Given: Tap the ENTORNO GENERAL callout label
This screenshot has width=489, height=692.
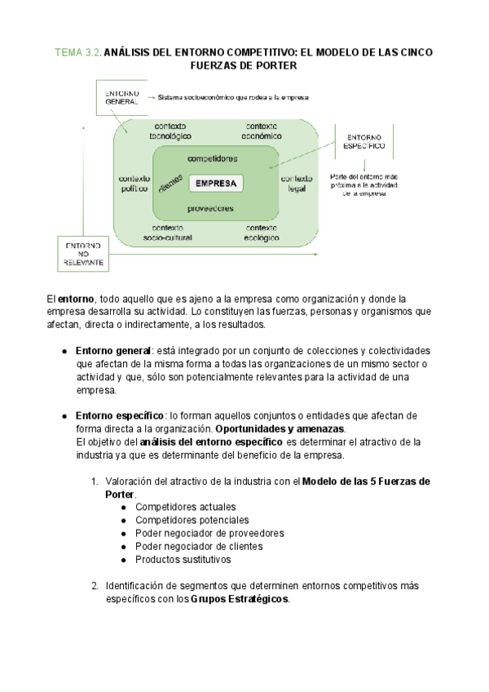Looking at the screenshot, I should (x=121, y=96).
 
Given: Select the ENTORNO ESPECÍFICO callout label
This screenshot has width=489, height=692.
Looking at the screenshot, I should (x=365, y=143).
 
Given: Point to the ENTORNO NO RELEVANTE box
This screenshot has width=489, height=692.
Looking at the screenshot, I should (x=83, y=254).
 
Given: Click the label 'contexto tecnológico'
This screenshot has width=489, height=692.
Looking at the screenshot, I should (x=170, y=131).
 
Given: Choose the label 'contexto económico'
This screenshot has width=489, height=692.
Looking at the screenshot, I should (x=262, y=131).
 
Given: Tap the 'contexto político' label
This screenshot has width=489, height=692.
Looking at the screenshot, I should (x=134, y=184).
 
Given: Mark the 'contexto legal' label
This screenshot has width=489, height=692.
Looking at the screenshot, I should (x=297, y=184).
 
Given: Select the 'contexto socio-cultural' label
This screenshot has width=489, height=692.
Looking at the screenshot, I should (x=168, y=233).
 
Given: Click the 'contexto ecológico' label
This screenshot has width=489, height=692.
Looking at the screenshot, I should (x=262, y=233).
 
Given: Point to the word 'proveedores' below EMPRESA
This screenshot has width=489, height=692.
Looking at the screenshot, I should (x=210, y=208).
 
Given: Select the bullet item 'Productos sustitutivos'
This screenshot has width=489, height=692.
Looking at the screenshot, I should (x=183, y=560).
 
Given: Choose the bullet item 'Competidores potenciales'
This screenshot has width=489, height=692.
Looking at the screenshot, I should (x=192, y=520).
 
